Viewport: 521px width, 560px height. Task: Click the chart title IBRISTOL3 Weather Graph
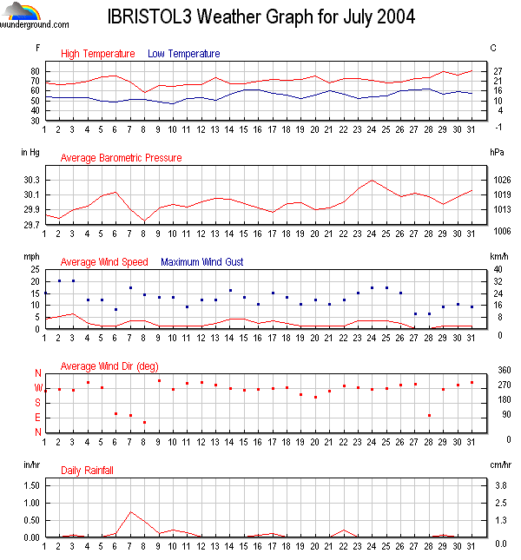pos(260,16)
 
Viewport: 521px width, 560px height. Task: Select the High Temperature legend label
pos(97,54)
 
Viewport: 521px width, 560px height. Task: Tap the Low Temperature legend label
pos(183,54)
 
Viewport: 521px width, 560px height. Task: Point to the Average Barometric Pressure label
pos(121,158)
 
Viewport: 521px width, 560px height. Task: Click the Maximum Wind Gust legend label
pos(202,261)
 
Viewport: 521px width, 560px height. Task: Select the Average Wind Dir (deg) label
pos(109,366)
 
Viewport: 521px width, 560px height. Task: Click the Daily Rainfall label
pos(87,470)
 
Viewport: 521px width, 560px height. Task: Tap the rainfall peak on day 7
pos(130,512)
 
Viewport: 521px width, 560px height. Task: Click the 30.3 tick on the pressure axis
pos(31,180)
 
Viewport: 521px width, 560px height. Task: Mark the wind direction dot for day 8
pos(144,422)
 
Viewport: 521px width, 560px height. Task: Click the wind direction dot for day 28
pos(429,415)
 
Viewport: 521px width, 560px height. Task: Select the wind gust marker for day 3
pos(73,280)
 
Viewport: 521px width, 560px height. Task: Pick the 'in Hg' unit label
pos(30,151)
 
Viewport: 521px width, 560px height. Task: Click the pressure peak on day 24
pos(373,181)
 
